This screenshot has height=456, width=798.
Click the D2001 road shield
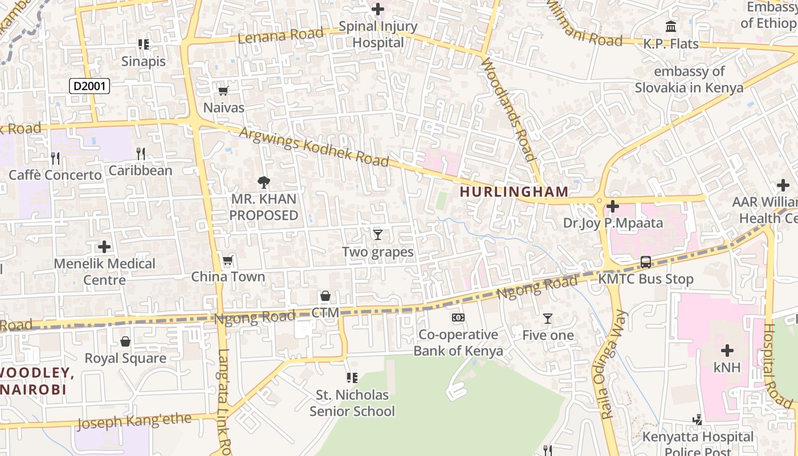point(89,87)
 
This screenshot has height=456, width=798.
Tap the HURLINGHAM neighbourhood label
point(514,192)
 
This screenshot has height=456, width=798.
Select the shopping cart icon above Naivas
point(223,91)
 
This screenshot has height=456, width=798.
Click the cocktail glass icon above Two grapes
point(377,234)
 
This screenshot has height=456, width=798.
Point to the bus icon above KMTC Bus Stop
point(646,262)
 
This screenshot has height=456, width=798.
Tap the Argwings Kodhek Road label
point(314,148)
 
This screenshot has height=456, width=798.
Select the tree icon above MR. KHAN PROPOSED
point(263,182)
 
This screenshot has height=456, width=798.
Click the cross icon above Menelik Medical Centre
point(104,247)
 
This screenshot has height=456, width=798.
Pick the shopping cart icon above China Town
point(228,260)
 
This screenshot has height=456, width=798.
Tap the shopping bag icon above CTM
point(325,296)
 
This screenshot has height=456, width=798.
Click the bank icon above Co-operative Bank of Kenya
point(458,317)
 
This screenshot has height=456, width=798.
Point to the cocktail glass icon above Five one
point(548,318)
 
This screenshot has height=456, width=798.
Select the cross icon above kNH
point(727,351)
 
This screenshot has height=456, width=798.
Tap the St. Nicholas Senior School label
point(352,403)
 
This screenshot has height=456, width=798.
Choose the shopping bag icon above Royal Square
point(125,341)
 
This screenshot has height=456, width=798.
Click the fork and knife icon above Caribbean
point(141,153)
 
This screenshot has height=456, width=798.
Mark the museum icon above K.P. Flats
point(671,26)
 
